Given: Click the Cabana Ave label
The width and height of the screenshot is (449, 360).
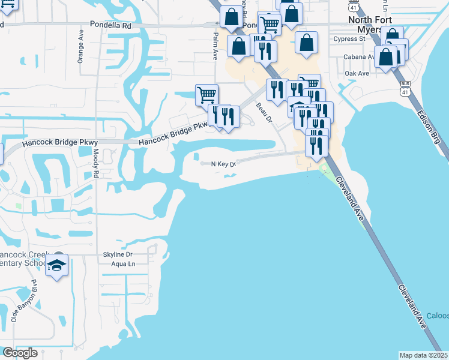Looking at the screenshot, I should click(359, 57).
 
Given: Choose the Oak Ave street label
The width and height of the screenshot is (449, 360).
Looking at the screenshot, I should click(357, 73).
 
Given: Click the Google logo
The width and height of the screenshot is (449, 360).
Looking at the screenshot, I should click(19, 353).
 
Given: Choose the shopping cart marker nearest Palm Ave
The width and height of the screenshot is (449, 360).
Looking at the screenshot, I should click(206, 94).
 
